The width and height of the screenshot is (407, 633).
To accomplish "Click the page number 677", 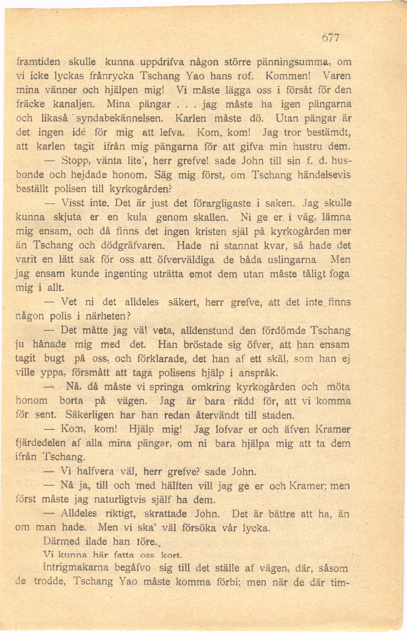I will pos(330,38).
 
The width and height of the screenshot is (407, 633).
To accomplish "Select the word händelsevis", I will pos(324,175).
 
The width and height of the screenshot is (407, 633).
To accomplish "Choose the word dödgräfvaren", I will pos(133,246).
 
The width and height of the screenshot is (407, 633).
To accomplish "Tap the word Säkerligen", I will pos(90,414).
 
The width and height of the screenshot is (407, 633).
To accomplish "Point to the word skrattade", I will pos(166,514).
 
